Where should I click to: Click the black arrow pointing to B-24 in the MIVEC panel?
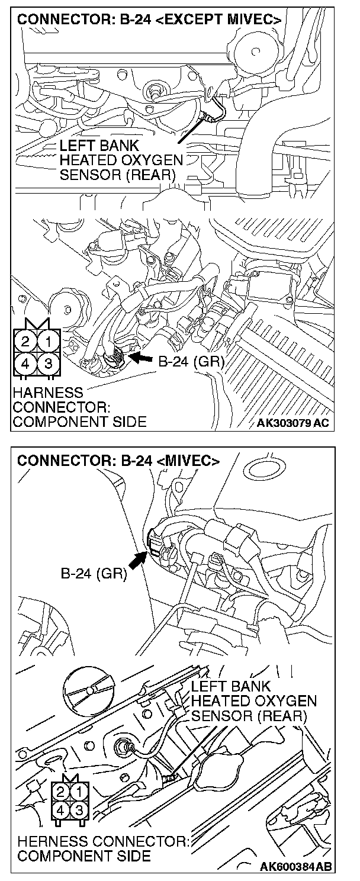137,559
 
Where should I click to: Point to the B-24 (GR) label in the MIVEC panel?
94,574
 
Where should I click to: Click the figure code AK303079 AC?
293,423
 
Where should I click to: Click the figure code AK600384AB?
296,867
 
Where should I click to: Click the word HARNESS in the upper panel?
48,393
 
